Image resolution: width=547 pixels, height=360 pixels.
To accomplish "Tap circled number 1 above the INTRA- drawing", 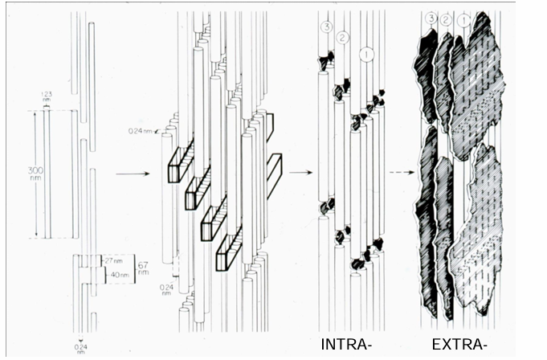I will [366, 55].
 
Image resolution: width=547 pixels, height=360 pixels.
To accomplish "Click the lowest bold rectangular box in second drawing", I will [229, 245].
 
